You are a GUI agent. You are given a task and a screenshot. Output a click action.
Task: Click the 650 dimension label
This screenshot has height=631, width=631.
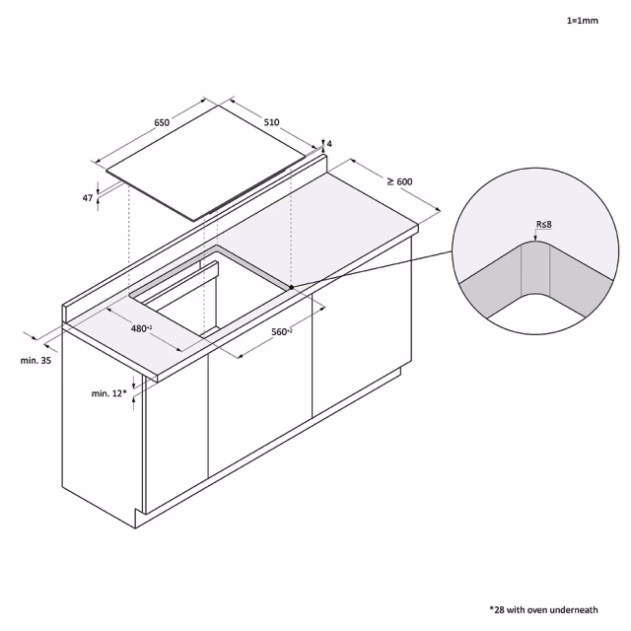162,122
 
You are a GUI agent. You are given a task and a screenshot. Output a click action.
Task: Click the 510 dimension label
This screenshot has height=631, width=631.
272,122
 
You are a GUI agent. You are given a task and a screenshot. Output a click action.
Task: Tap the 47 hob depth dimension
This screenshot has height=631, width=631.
88,198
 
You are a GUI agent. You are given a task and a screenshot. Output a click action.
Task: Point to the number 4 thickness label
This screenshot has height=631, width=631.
329,144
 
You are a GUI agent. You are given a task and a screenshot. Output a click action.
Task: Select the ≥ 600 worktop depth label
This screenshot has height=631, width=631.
400,181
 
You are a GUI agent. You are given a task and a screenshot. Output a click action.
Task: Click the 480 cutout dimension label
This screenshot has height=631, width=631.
141,328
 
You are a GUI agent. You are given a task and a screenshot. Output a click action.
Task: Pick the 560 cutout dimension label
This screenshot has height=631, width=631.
282,332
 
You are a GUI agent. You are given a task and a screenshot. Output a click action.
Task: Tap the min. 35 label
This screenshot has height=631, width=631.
35,360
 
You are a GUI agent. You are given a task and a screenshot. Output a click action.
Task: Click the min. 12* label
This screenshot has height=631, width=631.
108,393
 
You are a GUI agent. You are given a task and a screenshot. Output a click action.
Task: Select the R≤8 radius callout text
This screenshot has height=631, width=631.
543,224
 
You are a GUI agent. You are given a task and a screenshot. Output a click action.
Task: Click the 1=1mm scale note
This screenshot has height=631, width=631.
583,21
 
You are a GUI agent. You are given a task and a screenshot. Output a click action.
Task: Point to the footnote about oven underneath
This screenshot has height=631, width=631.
543,610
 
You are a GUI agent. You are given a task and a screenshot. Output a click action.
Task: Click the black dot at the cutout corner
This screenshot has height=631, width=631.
292,287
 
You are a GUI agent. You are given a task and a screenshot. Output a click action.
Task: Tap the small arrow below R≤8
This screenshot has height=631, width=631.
535,237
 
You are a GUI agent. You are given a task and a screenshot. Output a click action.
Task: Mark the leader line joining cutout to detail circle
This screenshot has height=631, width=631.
373,269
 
